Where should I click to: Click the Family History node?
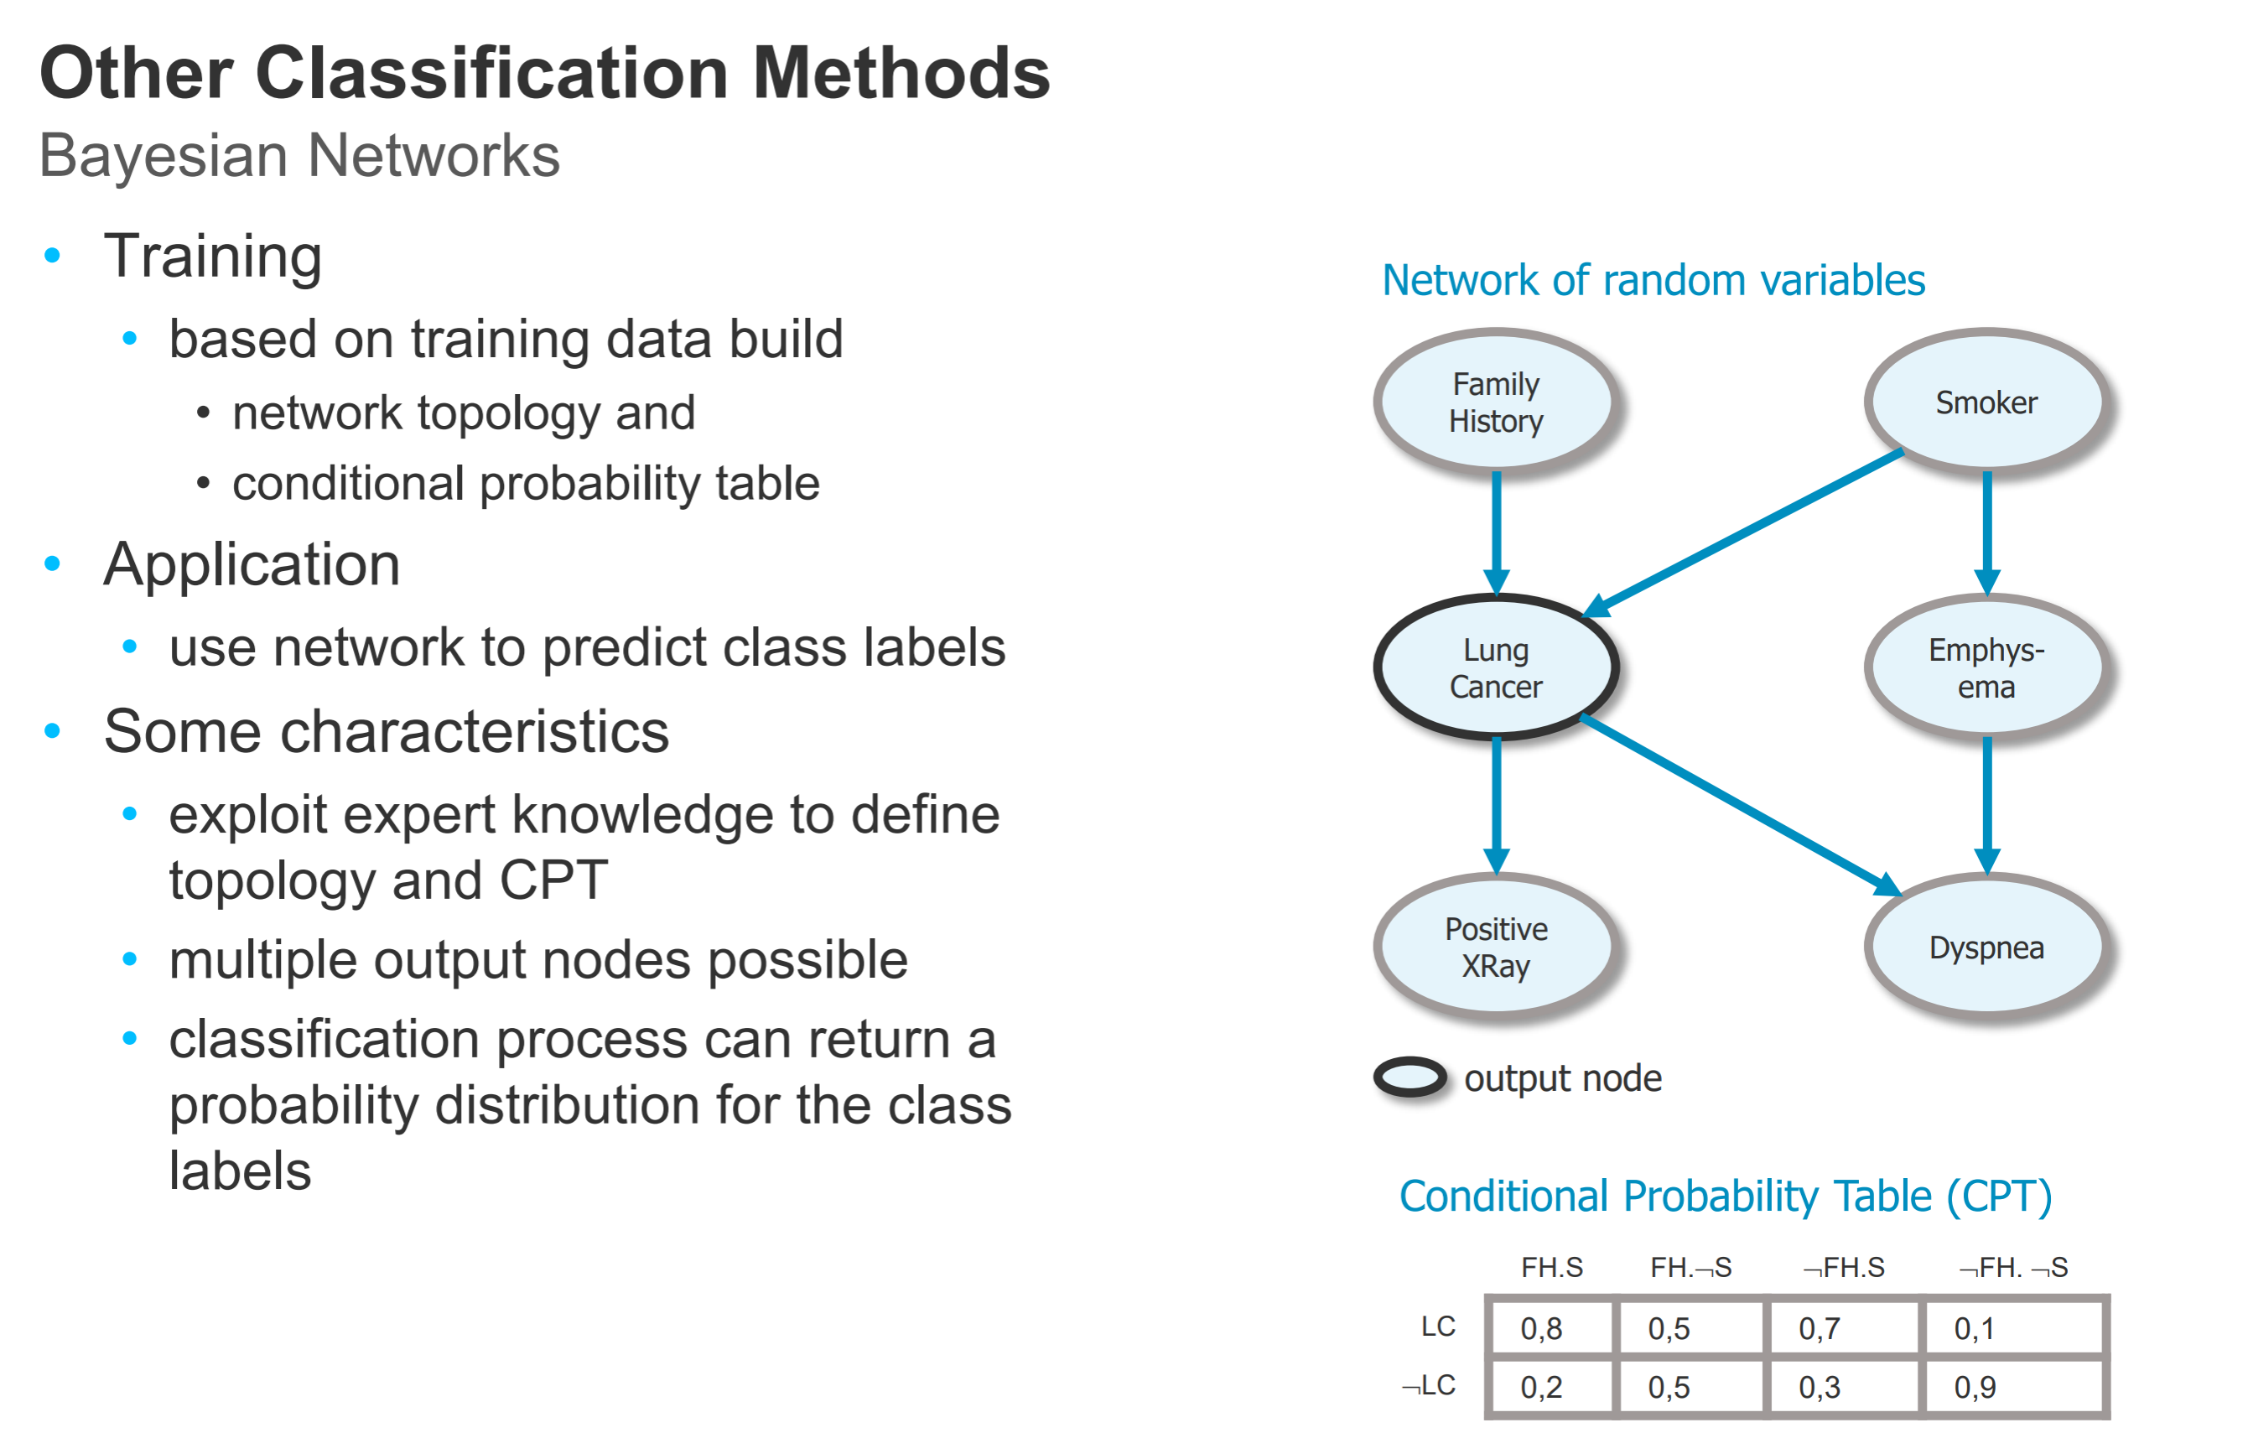pyautogui.click(x=1496, y=402)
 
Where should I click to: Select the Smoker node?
pyautogui.click(x=1986, y=402)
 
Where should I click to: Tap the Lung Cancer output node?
pyautogui.click(x=1496, y=667)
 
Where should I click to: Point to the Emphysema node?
pyautogui.click(x=1986, y=667)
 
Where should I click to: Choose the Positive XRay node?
pyautogui.click(x=1496, y=946)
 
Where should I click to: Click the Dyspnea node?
pyautogui.click(x=1986, y=947)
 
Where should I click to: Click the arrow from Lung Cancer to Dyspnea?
pyautogui.click(x=1741, y=805)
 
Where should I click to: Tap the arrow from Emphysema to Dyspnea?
pyautogui.click(x=1986, y=802)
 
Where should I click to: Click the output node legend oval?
pyautogui.click(x=1410, y=1077)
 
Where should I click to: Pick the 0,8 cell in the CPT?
pyautogui.click(x=1549, y=1327)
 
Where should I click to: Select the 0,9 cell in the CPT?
pyautogui.click(x=2014, y=1386)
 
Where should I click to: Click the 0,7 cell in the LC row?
pyautogui.click(x=1842, y=1327)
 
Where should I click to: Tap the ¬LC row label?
pyautogui.click(x=1430, y=1385)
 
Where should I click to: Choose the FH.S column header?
pyautogui.click(x=1551, y=1267)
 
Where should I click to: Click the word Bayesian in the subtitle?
pyautogui.click(x=163, y=156)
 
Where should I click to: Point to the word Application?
pyautogui.click(x=252, y=565)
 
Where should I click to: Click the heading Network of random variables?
pyautogui.click(x=1653, y=280)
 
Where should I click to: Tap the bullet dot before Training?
pyautogui.click(x=52, y=255)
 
